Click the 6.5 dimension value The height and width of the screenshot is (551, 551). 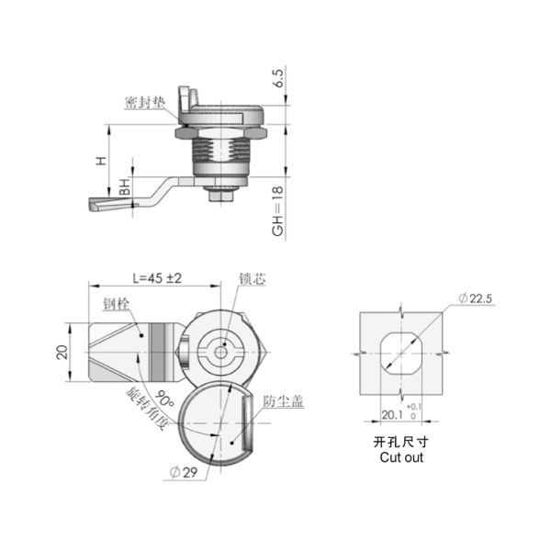tap(278, 78)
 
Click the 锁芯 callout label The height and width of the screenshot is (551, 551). tap(252, 278)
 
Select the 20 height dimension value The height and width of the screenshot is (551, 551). tap(62, 352)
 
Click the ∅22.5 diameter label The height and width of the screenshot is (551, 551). tap(476, 298)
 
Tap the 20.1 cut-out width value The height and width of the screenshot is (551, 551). tap(392, 415)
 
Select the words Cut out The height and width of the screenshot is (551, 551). tap(402, 456)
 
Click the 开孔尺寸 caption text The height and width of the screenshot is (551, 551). tap(402, 442)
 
